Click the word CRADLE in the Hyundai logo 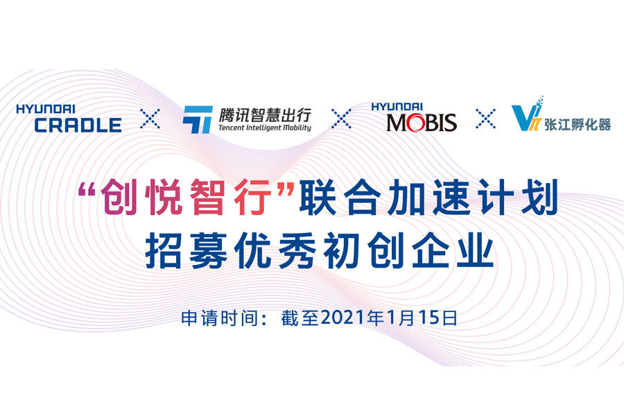78,125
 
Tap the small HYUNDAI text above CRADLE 46,109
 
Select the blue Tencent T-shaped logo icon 198,119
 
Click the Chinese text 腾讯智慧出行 265,115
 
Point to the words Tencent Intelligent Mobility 265,128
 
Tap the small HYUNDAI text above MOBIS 397,107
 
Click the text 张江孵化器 578,125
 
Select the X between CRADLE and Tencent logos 150,119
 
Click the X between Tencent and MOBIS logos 341,119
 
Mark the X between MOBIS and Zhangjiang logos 486,119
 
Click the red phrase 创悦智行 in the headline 186,197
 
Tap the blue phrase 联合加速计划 428,197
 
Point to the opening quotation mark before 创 87,189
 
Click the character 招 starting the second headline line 163,251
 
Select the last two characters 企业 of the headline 453,251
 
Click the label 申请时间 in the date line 219,318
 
